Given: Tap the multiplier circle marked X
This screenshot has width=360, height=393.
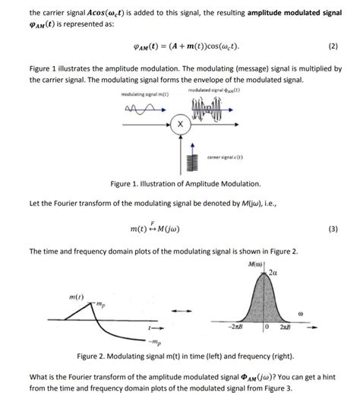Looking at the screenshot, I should (x=179, y=123).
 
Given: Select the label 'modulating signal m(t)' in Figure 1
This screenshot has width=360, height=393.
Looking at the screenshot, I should (x=144, y=94).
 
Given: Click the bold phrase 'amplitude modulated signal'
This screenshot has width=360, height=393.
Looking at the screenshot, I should (x=292, y=13).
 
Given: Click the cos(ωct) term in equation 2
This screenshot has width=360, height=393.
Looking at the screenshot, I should (x=219, y=46).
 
